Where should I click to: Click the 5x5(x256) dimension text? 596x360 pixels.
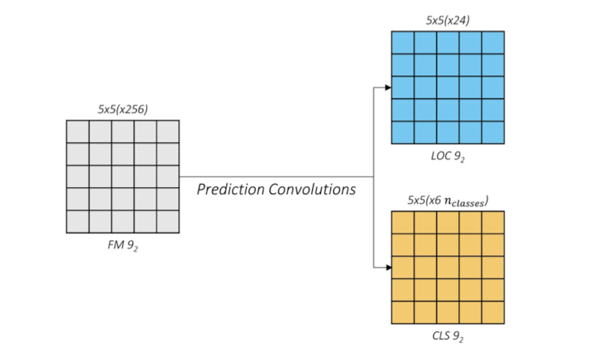(x=123, y=110)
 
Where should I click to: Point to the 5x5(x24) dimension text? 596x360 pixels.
(x=448, y=20)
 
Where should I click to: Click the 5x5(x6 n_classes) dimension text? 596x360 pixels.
(x=448, y=201)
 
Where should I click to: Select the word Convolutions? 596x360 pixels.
(x=316, y=189)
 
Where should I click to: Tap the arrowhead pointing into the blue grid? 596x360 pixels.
(x=388, y=87)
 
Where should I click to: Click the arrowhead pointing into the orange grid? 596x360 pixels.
(x=388, y=267)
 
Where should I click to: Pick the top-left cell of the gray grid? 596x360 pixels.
(x=78, y=131)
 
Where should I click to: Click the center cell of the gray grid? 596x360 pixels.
(x=123, y=177)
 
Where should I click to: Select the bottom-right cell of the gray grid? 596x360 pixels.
(x=168, y=222)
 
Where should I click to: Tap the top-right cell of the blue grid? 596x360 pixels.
(x=493, y=42)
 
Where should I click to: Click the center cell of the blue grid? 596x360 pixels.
(x=448, y=87)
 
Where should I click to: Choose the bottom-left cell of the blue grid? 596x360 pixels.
(x=403, y=132)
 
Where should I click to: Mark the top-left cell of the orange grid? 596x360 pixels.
(x=403, y=222)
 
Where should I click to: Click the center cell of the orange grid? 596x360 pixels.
(x=448, y=267)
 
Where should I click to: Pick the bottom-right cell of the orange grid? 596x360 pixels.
(x=493, y=312)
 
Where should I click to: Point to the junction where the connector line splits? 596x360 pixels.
(x=373, y=177)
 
